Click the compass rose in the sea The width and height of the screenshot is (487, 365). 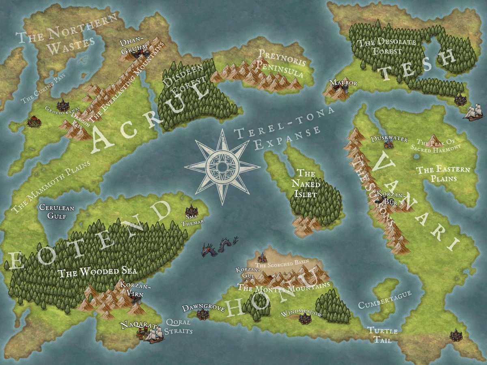[222, 166]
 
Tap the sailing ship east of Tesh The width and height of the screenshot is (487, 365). [474, 112]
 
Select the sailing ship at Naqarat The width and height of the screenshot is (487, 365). [154, 334]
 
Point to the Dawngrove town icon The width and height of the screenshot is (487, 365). [202, 313]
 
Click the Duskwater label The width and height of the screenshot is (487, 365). [389, 139]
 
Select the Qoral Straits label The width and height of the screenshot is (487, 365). [179, 327]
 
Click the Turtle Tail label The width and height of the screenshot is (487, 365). [382, 335]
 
